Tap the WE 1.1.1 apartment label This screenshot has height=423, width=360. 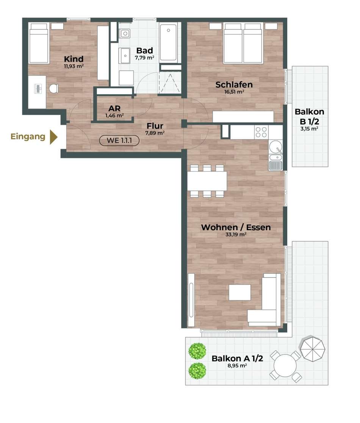coord(119,140)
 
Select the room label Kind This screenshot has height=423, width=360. coord(74,59)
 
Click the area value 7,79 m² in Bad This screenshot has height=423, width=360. coord(145,58)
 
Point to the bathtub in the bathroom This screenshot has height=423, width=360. coord(168,43)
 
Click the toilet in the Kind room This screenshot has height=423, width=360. coord(54,89)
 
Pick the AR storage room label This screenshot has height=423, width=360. coord(114,108)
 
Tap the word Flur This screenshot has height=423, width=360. coord(155,126)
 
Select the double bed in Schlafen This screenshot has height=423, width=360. coord(243,43)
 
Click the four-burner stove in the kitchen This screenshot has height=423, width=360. coord(261,132)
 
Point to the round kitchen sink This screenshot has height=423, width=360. coord(276,147)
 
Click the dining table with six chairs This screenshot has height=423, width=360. coord(207,181)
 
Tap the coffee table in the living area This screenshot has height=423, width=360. coord(239,292)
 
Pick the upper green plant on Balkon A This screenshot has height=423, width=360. coord(197,351)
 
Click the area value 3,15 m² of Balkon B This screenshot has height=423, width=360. coord(309,129)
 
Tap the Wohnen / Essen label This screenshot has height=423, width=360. coord(236,228)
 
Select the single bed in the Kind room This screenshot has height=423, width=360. coord(39,44)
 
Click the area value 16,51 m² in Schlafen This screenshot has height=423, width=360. coord(234,92)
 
